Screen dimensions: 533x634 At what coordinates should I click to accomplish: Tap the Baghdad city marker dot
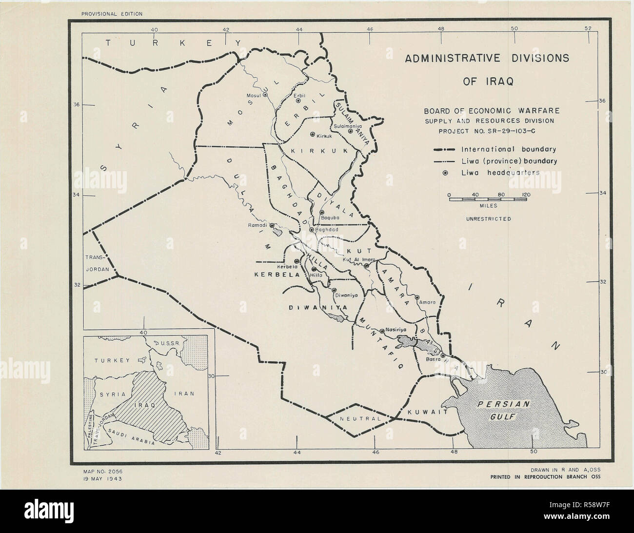311,229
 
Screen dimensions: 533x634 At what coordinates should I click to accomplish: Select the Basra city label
433,359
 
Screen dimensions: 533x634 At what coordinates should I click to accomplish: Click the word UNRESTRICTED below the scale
489,219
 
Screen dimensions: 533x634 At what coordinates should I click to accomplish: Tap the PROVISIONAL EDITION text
112,14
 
